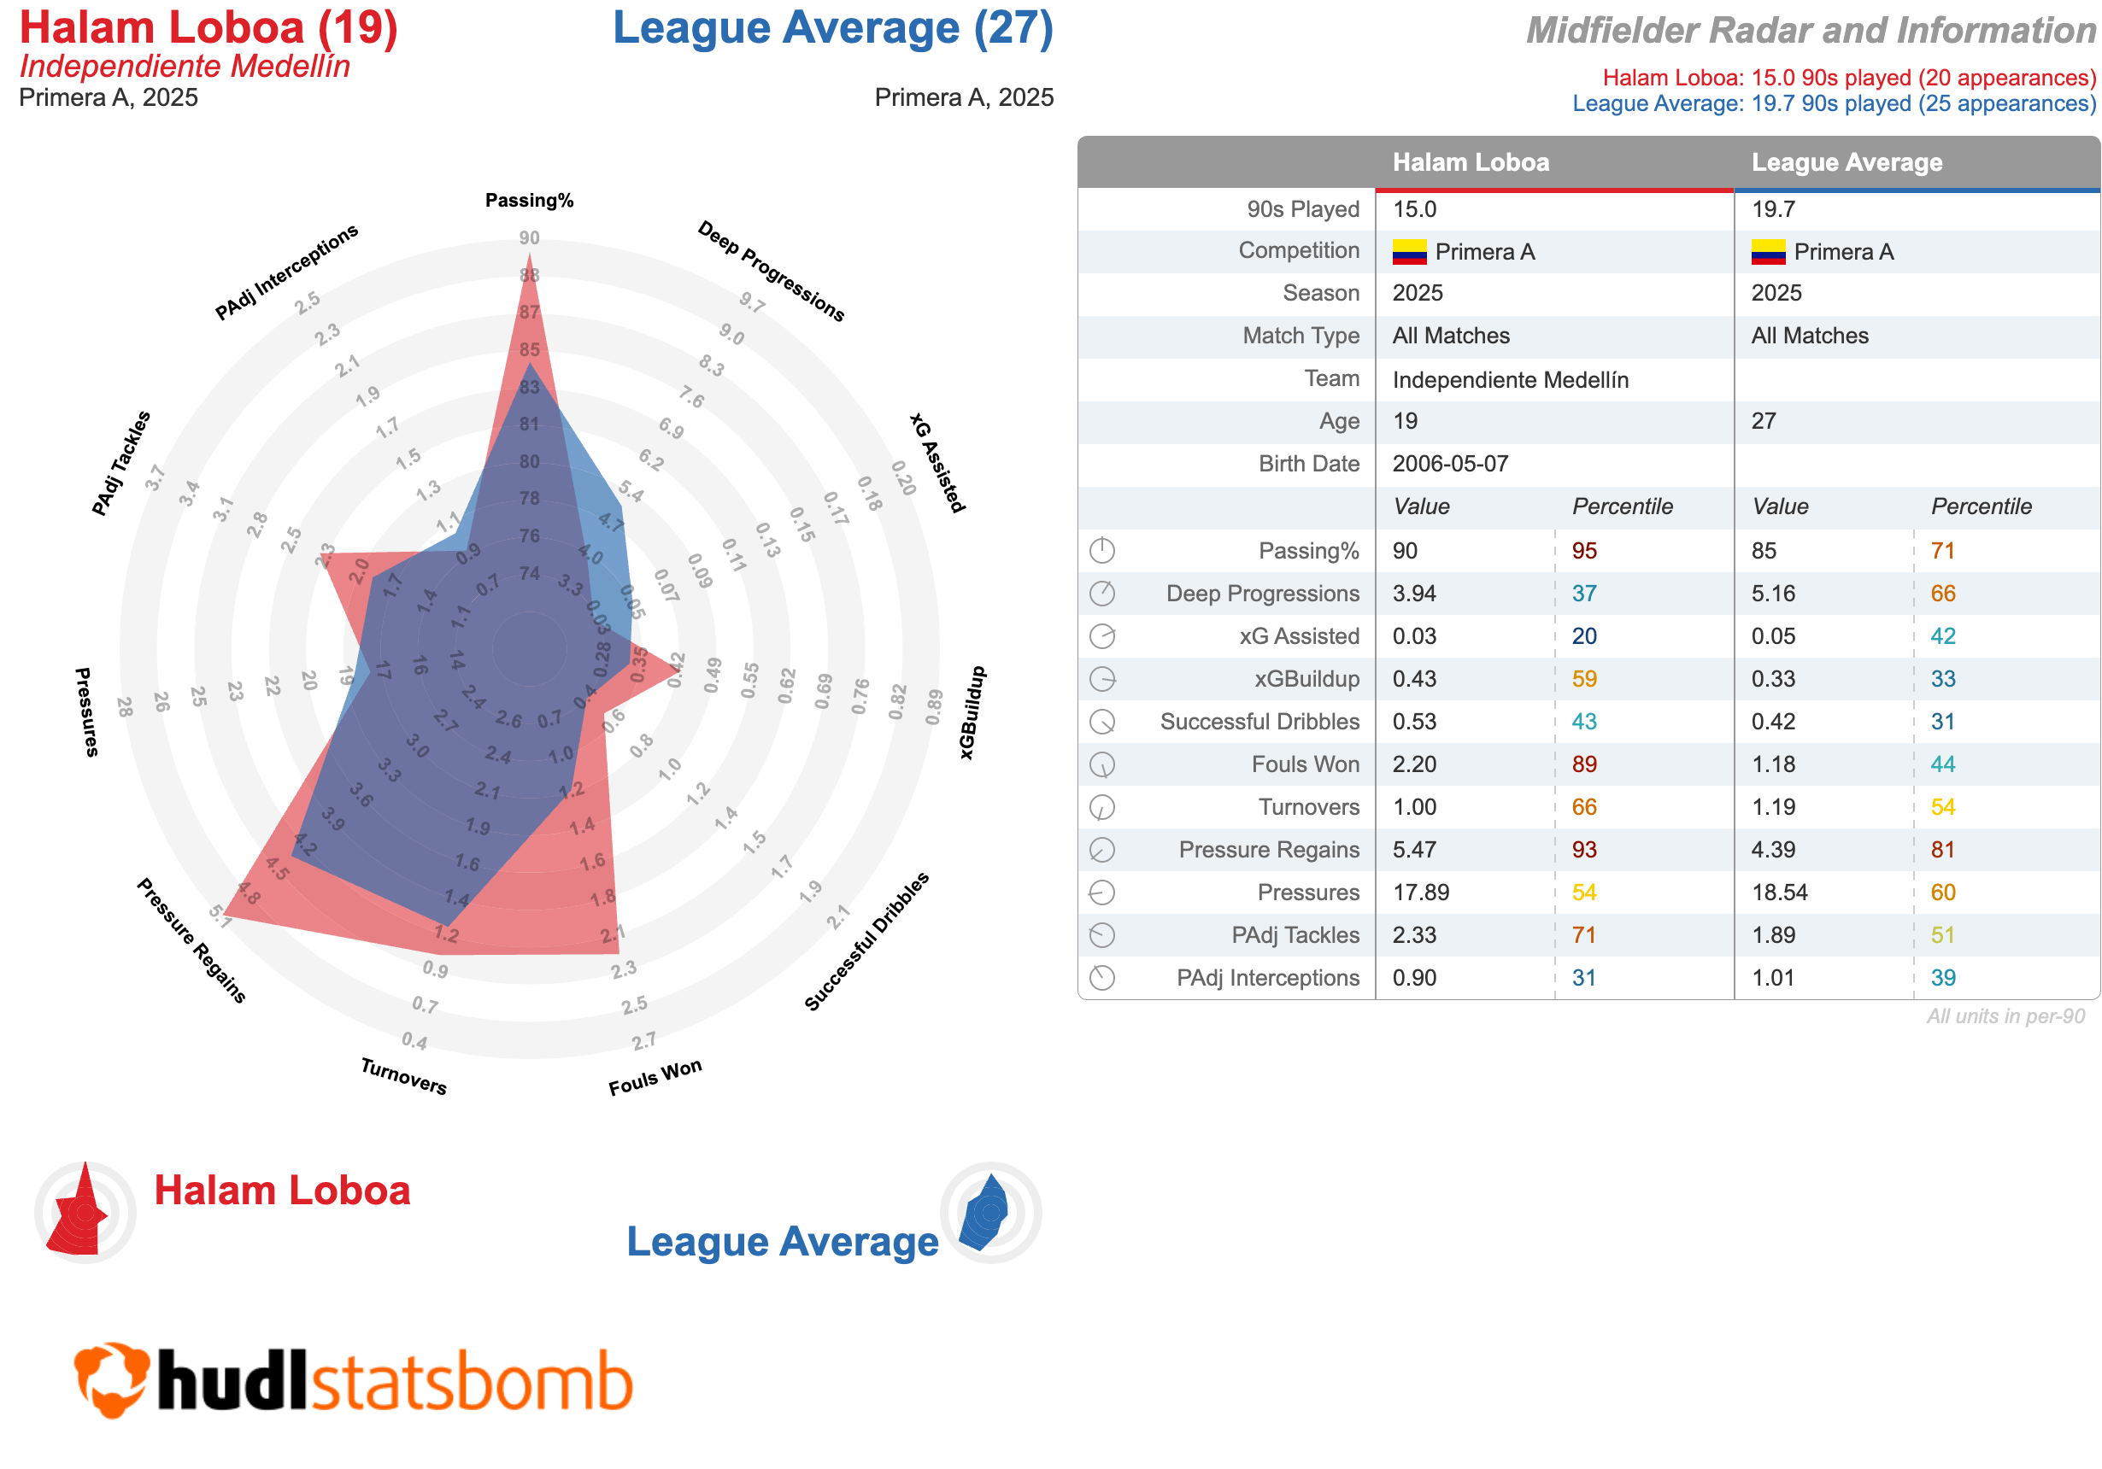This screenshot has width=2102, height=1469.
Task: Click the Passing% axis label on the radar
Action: (x=529, y=201)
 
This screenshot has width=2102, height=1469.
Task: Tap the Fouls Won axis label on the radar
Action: (x=655, y=1076)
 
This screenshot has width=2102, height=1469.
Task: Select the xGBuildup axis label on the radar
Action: (x=972, y=712)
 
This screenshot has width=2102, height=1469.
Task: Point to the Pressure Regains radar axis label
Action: (x=191, y=940)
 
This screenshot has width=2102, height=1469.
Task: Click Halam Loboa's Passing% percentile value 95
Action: (x=1584, y=551)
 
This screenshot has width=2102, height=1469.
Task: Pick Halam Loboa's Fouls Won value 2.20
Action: (x=1414, y=764)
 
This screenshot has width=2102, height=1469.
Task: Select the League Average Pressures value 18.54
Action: (x=1780, y=893)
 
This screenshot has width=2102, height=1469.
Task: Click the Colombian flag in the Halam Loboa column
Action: (x=1409, y=252)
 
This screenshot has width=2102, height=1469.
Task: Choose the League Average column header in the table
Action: (x=1846, y=163)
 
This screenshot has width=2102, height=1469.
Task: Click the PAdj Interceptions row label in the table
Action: (x=1267, y=978)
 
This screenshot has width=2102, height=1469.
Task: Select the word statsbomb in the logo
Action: (x=472, y=1381)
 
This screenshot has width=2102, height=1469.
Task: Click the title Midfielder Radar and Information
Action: (x=1810, y=31)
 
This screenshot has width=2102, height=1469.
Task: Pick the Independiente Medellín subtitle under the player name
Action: (x=185, y=67)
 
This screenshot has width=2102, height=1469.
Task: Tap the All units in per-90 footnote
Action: (x=2005, y=1016)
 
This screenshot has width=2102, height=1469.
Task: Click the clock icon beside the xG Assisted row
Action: (x=1102, y=636)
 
